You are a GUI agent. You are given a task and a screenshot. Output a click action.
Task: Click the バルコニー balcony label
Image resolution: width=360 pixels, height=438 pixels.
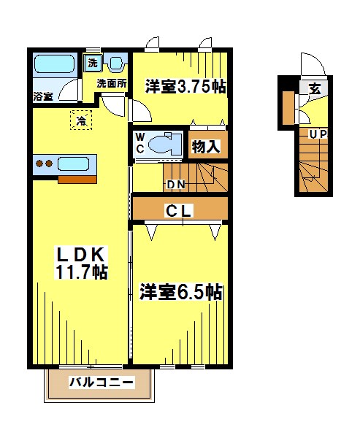tap(101, 382)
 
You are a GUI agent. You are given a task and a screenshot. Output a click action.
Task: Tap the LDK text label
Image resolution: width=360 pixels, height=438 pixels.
tap(82, 255)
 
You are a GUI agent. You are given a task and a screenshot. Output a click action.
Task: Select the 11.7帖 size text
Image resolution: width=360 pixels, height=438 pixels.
tap(82, 273)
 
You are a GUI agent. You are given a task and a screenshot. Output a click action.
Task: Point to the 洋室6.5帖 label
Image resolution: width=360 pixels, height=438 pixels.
tap(181, 293)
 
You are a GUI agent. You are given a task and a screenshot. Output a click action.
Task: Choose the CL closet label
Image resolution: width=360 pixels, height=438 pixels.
tap(178, 212)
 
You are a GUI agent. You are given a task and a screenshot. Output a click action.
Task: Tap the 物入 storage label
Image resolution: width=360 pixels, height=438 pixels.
tap(206, 146)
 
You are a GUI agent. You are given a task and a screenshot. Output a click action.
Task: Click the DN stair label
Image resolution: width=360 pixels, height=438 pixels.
tap(175, 184)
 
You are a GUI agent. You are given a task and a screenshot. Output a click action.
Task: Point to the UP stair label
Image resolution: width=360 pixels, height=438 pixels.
tap(317, 134)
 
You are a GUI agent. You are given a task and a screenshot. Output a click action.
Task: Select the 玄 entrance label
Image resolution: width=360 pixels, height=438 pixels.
tap(315, 89)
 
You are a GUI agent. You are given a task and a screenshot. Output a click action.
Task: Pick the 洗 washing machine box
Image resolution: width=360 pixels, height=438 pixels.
tap(93, 63)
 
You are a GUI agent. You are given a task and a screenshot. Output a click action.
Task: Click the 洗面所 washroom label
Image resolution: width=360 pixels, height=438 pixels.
tap(113, 83)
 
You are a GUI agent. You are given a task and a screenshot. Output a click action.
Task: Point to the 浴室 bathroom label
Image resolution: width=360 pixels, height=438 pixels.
tap(43, 96)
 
